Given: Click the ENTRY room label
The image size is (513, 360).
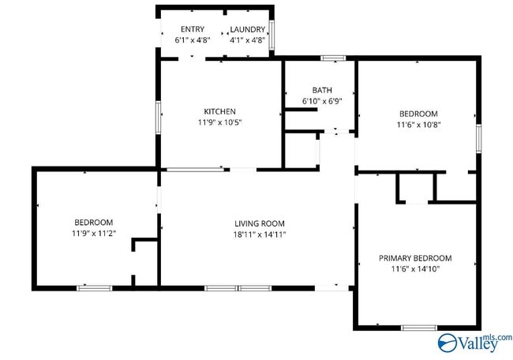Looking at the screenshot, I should click(193, 29).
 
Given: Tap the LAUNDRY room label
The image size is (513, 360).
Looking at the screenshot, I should click(247, 29).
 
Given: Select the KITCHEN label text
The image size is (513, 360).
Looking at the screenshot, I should click(219, 111).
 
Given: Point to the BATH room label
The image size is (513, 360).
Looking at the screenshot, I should click(322, 90).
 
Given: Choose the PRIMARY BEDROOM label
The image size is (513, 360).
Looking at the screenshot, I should click(415, 258).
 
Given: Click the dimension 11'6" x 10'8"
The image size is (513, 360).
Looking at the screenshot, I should click(418, 124).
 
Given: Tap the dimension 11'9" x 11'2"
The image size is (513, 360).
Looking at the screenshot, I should click(94, 233).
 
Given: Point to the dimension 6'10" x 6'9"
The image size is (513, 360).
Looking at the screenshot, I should click(322, 101).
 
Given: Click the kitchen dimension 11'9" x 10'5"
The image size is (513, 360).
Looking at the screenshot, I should click(219, 122).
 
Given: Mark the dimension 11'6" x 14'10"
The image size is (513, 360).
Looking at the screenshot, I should click(415, 269).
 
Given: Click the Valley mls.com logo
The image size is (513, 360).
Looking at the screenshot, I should click(474, 342).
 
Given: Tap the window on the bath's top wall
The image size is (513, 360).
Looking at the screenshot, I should click(332, 57).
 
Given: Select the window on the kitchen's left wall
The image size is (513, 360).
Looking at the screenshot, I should click(159, 117).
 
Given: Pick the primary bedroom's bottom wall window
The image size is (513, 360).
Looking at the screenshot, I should click(418, 327).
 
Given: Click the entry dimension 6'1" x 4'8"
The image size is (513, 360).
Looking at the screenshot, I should click(193, 39).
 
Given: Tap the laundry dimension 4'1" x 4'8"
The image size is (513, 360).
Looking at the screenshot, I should click(247, 39).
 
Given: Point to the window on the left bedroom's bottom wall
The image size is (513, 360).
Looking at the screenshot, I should click(94, 288).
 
